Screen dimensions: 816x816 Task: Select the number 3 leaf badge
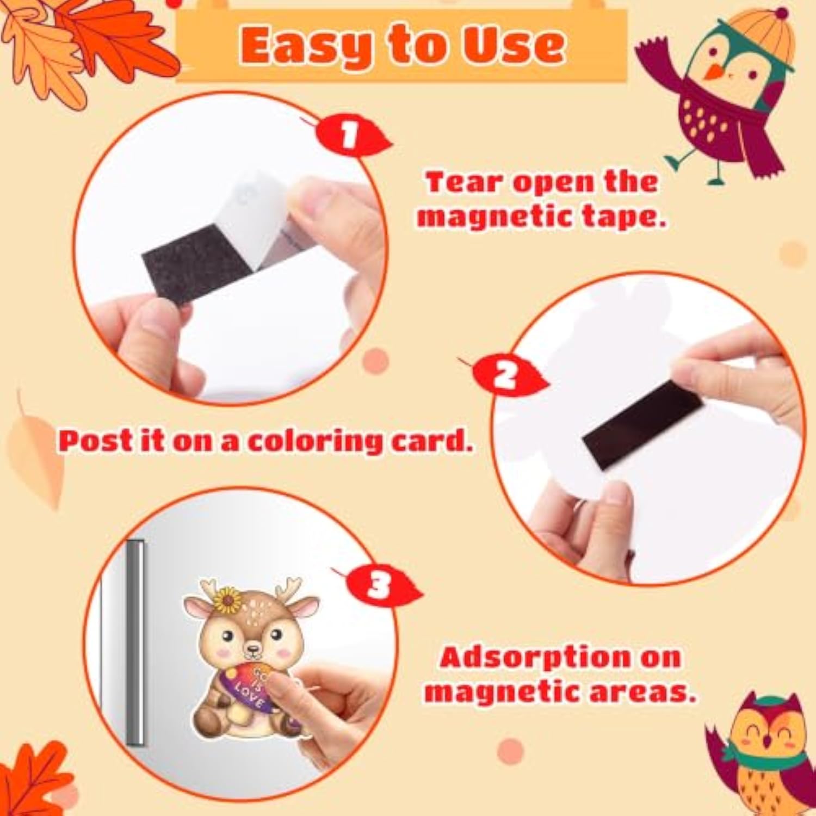(x=381, y=585)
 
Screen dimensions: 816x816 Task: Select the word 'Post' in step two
(x=96, y=440)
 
